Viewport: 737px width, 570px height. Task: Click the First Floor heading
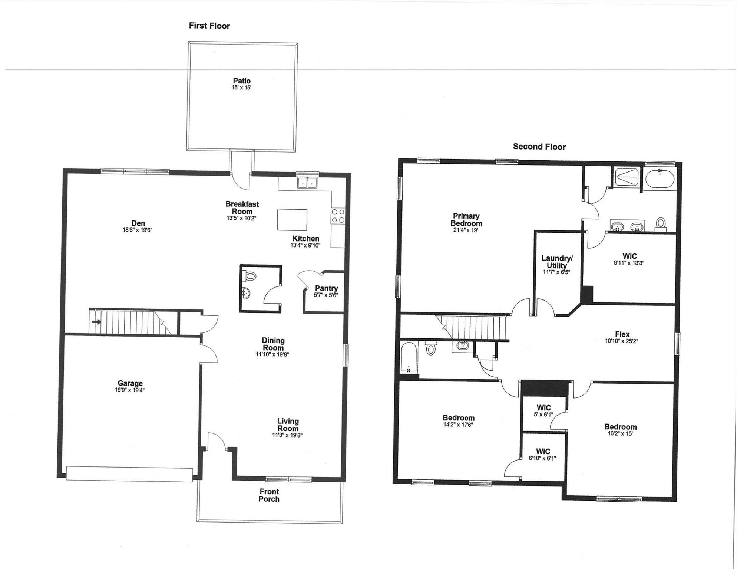pos(209,26)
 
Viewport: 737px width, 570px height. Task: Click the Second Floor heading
pos(539,147)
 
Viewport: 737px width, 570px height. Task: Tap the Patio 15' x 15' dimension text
pos(241,88)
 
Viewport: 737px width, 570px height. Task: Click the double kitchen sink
pos(308,182)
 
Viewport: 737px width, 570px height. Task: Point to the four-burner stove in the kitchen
pos(338,216)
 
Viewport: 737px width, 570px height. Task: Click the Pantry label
pos(326,288)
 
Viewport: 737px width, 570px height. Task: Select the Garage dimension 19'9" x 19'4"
pos(129,390)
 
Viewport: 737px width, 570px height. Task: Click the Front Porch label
pos(269,495)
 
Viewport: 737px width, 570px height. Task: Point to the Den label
pos(138,223)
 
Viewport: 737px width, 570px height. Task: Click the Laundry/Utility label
pos(556,262)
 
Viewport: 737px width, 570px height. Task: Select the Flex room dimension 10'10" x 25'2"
pos(621,341)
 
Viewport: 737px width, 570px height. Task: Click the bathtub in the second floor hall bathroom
pos(409,357)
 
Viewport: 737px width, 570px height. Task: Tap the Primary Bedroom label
pos(466,220)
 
